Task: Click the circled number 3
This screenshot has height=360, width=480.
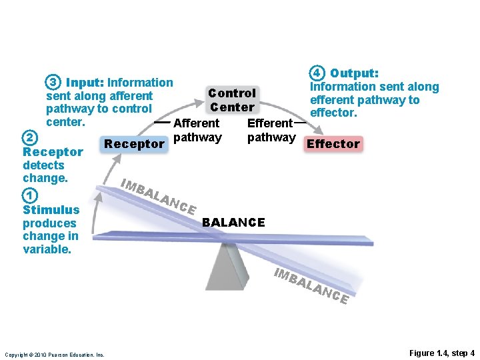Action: (53, 83)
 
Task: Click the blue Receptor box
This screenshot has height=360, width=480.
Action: (134, 143)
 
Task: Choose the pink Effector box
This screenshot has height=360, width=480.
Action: (333, 143)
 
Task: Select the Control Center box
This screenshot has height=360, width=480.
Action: (232, 100)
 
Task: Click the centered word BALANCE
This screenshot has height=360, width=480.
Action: (233, 222)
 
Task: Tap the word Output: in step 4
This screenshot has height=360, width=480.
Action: (355, 73)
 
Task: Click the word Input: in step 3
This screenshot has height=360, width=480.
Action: (85, 83)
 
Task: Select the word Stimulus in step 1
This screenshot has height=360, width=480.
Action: (51, 209)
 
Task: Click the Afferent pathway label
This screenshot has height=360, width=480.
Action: (197, 130)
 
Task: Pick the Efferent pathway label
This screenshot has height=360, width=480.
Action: (271, 130)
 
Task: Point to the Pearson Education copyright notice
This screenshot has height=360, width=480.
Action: (55, 355)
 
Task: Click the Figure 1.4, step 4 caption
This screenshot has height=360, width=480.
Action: (442, 353)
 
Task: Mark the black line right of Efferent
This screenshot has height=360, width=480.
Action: (300, 123)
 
